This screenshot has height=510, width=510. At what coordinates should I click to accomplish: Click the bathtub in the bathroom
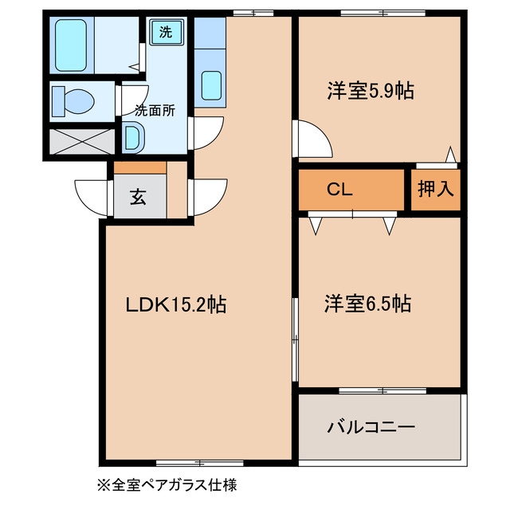tap(71, 45)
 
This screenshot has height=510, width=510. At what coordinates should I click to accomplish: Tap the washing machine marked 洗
tap(167, 32)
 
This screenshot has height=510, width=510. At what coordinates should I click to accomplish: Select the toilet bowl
tap(73, 101)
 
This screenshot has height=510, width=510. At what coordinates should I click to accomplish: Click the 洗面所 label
tap(155, 111)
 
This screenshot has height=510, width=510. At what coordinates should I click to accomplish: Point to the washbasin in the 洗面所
tap(134, 138)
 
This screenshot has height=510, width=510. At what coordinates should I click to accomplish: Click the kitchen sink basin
tap(211, 85)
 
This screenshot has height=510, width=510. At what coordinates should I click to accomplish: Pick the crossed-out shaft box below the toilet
tap(82, 142)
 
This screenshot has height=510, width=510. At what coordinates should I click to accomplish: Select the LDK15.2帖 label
tap(176, 304)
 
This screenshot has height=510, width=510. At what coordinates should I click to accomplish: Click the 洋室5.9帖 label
tap(371, 91)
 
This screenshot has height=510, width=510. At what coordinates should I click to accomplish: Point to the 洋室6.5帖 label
tap(368, 304)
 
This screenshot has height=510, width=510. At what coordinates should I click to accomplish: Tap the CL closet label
tap(339, 190)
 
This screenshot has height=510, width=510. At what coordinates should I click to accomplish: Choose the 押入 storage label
tap(436, 188)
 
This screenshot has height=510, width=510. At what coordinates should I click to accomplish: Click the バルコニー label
tap(371, 426)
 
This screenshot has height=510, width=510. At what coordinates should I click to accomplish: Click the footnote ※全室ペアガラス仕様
tap(167, 485)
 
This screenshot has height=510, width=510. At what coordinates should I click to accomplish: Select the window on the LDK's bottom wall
tap(200, 463)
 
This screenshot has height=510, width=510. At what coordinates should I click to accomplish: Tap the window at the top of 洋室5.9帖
tap(383, 14)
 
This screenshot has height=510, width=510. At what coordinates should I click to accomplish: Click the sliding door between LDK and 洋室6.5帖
tap(295, 339)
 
